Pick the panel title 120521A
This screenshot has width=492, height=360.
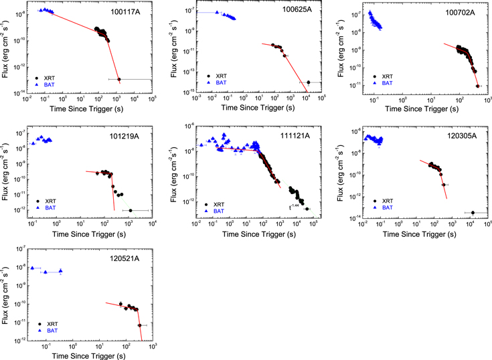(x=126, y=258)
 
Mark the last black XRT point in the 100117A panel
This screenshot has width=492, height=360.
(x=119, y=80)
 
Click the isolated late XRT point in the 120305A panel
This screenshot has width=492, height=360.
(x=473, y=213)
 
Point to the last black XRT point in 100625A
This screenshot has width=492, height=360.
(x=309, y=82)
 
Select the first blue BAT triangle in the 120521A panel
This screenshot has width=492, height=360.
(x=32, y=268)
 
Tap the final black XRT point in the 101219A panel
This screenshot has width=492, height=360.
(x=131, y=210)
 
